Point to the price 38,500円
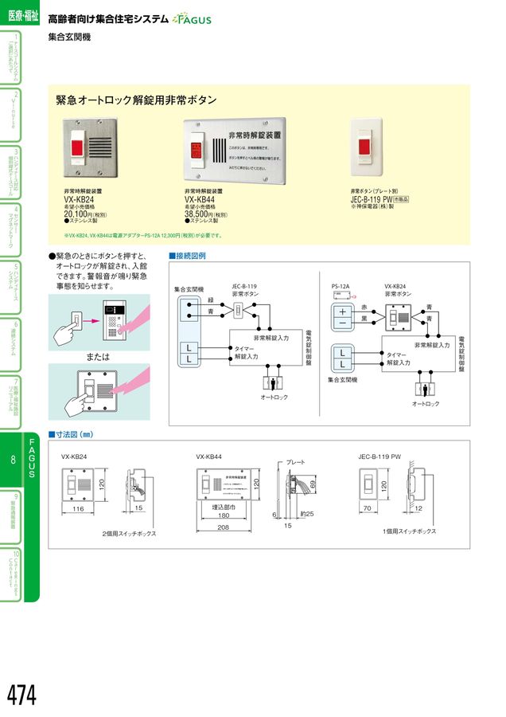200,214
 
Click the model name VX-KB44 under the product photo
203,200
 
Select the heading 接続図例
188,256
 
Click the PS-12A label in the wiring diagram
341,285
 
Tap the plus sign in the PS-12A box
342,311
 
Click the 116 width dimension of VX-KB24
78,507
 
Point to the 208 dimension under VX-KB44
222,527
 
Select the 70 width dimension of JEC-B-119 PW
368,507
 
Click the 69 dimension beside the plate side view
313,484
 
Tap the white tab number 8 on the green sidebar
14,460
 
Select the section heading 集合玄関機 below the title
69,37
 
